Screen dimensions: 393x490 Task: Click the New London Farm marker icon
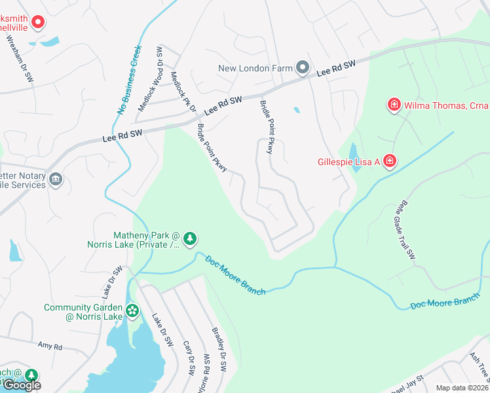click(x=303, y=67)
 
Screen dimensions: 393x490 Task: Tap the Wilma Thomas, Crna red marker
click(x=394, y=105)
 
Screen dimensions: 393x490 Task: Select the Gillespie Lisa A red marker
click(x=389, y=161)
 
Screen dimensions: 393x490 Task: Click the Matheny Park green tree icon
click(x=190, y=238)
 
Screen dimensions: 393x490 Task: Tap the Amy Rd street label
click(x=50, y=345)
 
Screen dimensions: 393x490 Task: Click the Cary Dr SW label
click(x=189, y=358)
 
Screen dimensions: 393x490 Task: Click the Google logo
click(x=21, y=385)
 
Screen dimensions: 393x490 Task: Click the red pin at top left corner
click(x=37, y=22)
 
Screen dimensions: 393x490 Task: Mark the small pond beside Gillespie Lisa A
click(x=354, y=157)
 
